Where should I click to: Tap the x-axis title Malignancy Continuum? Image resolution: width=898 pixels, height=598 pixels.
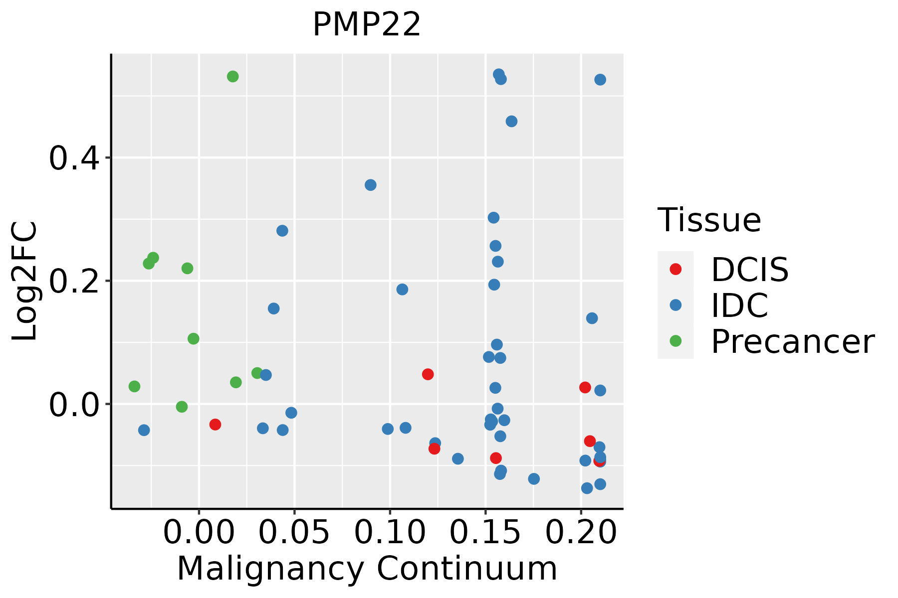[x=367, y=569]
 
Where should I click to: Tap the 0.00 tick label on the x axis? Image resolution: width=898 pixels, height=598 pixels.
[x=199, y=533]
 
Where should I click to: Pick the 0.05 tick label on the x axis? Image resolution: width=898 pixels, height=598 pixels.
[x=294, y=533]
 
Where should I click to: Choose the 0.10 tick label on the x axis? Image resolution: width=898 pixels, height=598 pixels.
[x=390, y=533]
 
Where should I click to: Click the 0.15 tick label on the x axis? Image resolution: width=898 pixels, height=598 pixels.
[x=485, y=533]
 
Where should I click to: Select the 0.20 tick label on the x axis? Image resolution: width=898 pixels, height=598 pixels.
[x=581, y=533]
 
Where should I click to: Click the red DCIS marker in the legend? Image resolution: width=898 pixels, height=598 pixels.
[x=675, y=269]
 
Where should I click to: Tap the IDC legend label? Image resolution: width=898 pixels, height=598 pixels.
[x=739, y=305]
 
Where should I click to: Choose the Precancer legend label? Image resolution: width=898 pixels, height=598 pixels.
[x=792, y=342]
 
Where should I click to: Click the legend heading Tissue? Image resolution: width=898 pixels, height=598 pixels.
[x=709, y=220]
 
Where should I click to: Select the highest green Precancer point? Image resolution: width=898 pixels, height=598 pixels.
[x=233, y=77]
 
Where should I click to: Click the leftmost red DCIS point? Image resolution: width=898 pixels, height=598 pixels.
[x=215, y=425]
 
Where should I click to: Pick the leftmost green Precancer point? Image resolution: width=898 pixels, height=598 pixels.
[x=134, y=386]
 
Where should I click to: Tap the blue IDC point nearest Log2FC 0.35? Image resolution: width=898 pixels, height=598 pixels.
[x=370, y=185]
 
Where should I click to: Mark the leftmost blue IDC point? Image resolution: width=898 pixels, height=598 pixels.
[x=144, y=430]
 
